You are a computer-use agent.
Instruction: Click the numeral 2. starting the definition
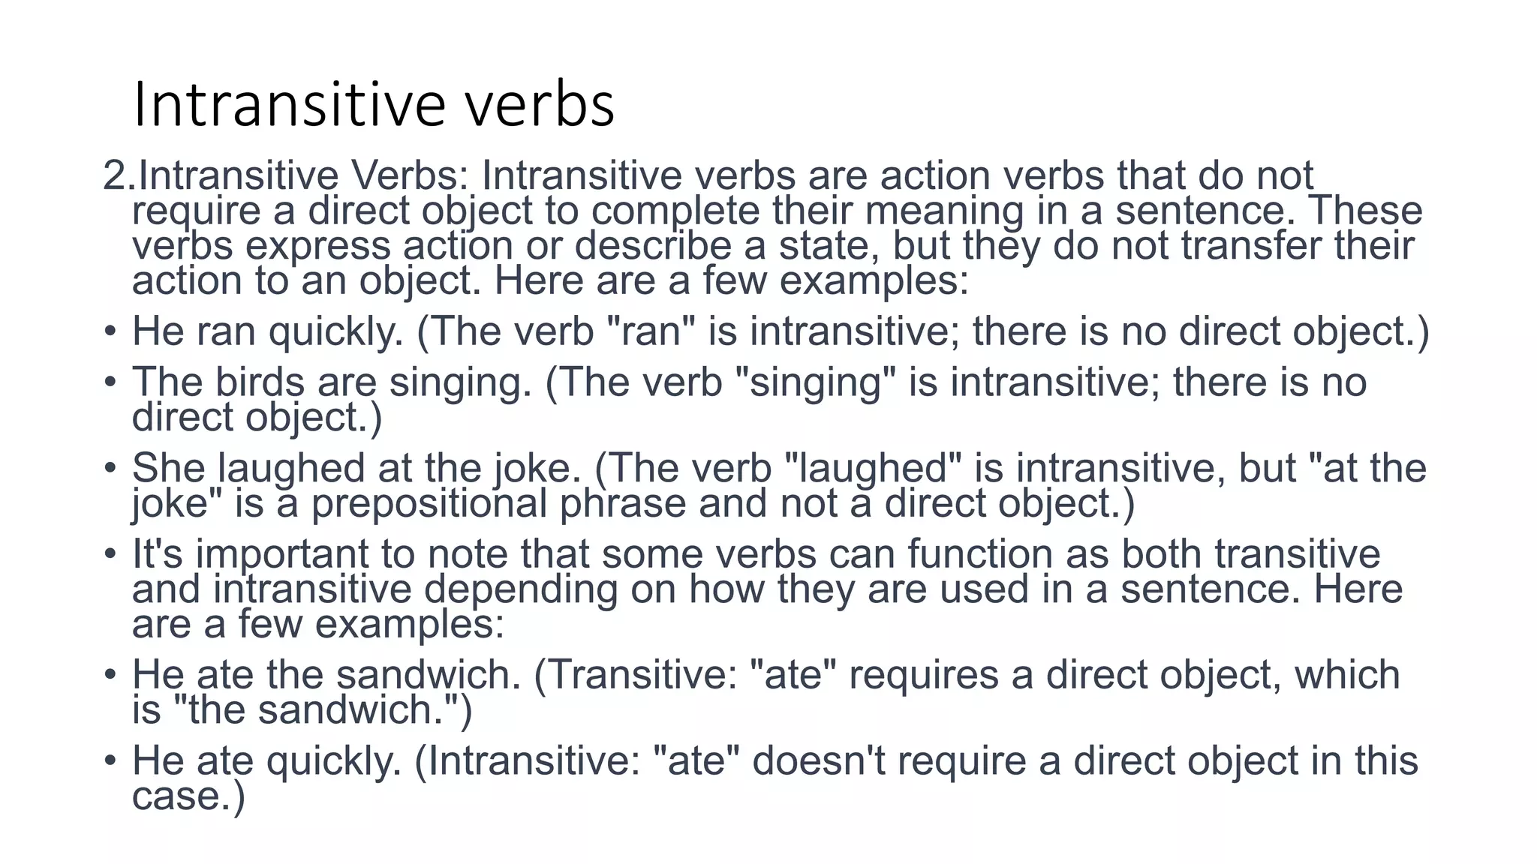click(x=119, y=175)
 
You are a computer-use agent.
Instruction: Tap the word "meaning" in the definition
click(x=944, y=211)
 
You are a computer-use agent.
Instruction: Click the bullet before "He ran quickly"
click(x=110, y=331)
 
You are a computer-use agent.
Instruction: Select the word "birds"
click(x=259, y=382)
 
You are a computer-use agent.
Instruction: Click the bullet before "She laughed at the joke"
click(x=110, y=468)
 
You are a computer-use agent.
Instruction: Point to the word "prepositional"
click(x=429, y=502)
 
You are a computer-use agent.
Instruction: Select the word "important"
click(x=282, y=554)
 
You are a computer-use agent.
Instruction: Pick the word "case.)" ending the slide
click(x=188, y=795)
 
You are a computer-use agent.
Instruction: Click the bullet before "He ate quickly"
click(x=110, y=760)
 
